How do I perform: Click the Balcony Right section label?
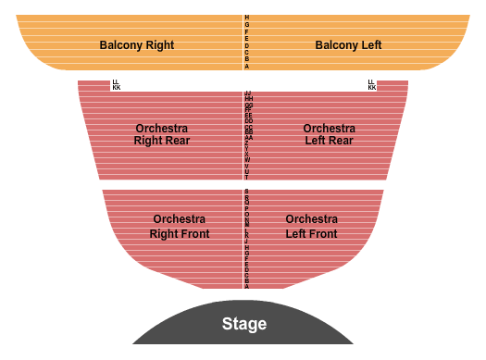(136, 44)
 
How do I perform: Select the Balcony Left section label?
(348, 44)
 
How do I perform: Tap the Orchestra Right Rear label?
(161, 134)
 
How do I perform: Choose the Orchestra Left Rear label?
(329, 134)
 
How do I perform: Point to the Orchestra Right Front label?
(180, 227)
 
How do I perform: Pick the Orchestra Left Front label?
(311, 227)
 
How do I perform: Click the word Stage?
(244, 324)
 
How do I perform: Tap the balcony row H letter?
(247, 18)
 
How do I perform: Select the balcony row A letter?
(247, 67)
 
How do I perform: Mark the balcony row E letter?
(247, 38)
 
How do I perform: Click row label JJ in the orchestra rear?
(248, 93)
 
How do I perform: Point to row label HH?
(248, 98)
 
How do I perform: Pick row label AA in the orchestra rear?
(248, 137)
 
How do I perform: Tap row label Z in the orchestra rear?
(247, 143)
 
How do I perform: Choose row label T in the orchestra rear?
(247, 176)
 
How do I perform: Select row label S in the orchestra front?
(247, 192)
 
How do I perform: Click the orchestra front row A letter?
(247, 287)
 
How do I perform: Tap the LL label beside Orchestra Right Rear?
(116, 82)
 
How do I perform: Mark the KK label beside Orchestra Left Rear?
(372, 88)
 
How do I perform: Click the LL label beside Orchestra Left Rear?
(372, 82)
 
